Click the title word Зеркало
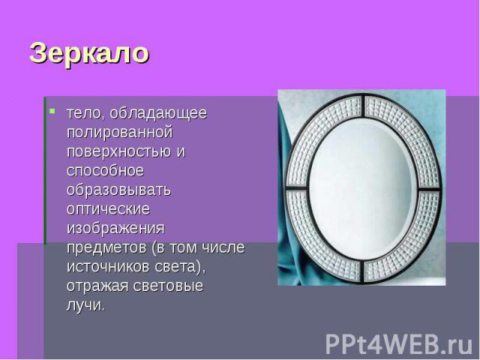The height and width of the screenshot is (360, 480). click(89, 53)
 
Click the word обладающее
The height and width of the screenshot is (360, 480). click(158, 113)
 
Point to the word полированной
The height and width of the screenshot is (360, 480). click(120, 133)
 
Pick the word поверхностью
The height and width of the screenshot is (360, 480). click(118, 151)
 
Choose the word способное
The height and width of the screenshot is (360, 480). click(105, 171)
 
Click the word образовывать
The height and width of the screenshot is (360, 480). click(118, 190)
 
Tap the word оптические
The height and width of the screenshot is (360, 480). click(108, 209)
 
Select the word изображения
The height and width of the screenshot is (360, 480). click(115, 229)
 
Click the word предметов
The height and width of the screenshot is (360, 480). click(106, 247)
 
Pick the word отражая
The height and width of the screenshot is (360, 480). click(97, 286)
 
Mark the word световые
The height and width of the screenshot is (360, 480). click(168, 286)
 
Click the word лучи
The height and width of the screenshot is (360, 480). click(85, 305)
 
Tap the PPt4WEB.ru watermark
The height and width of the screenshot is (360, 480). click(398, 345)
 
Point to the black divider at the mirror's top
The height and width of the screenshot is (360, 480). click(364, 106)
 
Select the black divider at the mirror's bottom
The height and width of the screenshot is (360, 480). click(361, 271)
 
